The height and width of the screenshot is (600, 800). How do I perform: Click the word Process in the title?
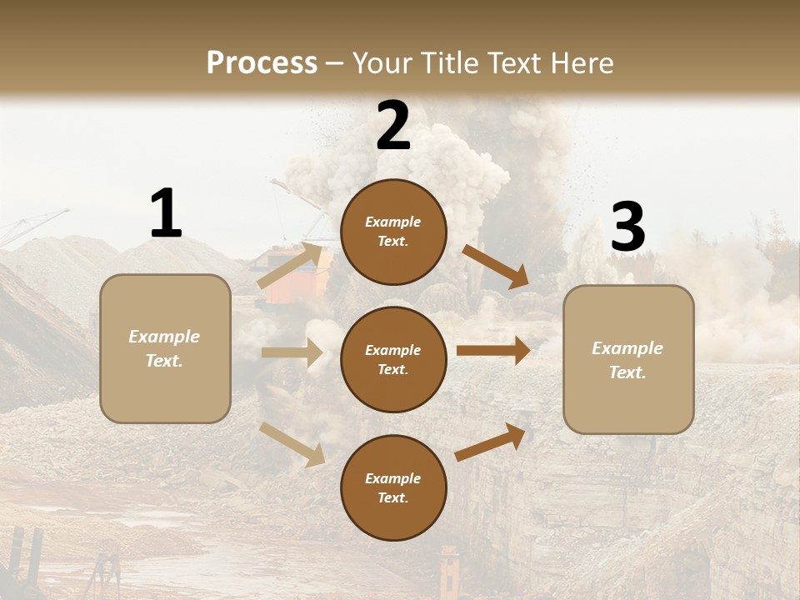point(262,63)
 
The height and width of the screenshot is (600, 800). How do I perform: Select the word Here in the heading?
point(577,63)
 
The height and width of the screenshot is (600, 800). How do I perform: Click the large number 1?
point(166,214)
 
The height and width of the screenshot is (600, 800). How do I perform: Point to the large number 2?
point(393,126)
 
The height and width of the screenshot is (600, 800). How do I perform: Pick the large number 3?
point(627,227)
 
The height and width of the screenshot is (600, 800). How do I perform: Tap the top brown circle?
point(393,232)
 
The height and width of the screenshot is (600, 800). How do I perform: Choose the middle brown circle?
point(393,359)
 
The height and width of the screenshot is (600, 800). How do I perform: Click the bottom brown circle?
point(393,487)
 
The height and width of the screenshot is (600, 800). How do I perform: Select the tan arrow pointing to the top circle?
point(290,266)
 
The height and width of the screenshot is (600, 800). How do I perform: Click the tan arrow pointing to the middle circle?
point(292,352)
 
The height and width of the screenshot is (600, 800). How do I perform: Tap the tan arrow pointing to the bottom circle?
point(292,443)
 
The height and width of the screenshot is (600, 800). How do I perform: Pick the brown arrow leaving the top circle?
point(495,267)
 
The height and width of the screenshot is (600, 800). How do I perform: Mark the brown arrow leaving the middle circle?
point(492,351)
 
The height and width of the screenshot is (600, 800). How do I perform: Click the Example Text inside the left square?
point(164,348)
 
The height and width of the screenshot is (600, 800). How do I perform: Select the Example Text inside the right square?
point(627,360)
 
